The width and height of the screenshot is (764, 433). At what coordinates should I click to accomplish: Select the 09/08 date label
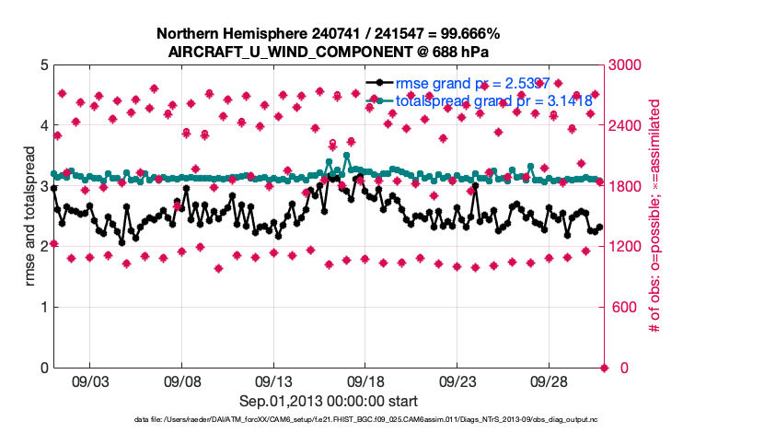tap(182, 380)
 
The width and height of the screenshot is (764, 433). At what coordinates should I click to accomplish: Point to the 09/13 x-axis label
tap(273, 380)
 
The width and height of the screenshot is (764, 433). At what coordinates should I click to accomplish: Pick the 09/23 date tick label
tap(457, 380)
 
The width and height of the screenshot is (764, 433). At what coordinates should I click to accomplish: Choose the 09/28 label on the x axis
tap(549, 380)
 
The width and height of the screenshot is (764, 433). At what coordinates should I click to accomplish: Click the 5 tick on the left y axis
tap(44, 65)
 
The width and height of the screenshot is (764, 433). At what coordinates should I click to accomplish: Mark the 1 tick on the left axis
tap(44, 308)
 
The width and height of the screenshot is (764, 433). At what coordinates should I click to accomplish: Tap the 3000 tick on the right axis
tap(626, 65)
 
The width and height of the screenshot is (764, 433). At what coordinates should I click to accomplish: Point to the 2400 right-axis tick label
tap(626, 126)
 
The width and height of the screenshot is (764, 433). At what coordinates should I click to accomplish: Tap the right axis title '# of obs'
tap(655, 216)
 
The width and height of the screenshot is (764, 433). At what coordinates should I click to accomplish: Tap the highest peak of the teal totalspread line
tap(347, 156)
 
